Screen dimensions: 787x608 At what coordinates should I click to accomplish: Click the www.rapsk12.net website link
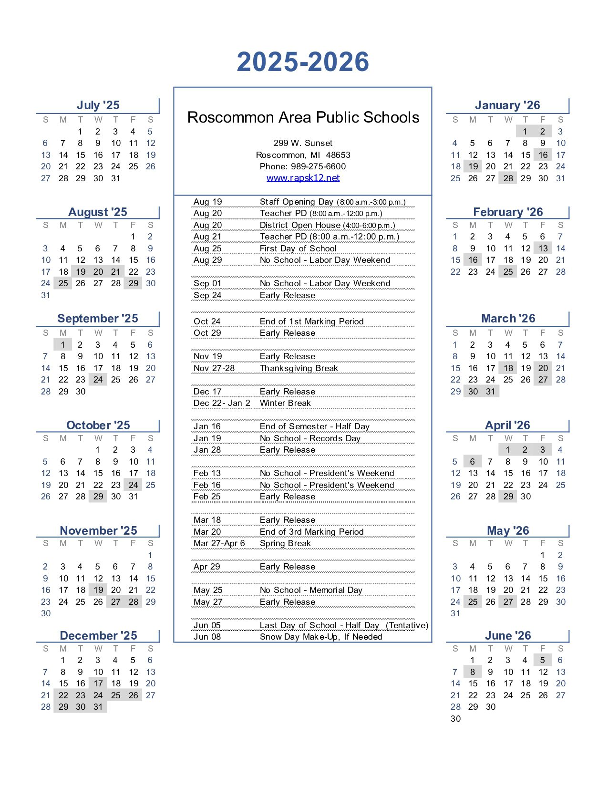click(x=303, y=178)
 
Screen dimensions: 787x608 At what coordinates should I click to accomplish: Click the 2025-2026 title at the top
click(x=303, y=62)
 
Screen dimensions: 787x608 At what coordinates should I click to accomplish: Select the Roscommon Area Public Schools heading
click(x=303, y=117)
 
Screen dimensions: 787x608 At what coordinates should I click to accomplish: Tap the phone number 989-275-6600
click(x=318, y=166)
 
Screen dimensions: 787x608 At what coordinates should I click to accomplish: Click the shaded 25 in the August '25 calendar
click(x=63, y=283)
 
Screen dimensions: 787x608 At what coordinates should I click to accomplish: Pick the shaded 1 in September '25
click(x=63, y=345)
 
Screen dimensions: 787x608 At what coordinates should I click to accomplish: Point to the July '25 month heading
click(x=98, y=105)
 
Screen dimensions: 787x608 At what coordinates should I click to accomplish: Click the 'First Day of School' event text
click(x=298, y=249)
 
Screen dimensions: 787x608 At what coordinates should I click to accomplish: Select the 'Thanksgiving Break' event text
click(x=299, y=368)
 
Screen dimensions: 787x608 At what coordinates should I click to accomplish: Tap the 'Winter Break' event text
click(x=285, y=403)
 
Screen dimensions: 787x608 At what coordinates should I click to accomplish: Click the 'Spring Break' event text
click(x=285, y=543)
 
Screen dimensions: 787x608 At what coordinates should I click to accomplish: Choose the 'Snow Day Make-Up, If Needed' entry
click(x=321, y=637)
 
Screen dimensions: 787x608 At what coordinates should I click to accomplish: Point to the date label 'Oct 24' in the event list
click(x=207, y=321)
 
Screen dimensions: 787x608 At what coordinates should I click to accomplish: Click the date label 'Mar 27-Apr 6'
click(x=219, y=543)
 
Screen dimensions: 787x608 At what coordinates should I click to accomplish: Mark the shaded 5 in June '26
click(x=543, y=660)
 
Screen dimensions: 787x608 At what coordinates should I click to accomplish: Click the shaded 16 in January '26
click(x=543, y=155)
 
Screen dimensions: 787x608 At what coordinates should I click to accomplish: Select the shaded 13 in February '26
click(x=543, y=249)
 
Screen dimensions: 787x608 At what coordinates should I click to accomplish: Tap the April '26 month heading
click(x=507, y=425)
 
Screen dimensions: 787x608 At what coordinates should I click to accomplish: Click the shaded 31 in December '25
click(x=98, y=707)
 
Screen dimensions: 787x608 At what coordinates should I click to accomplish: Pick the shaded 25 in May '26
click(x=473, y=602)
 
